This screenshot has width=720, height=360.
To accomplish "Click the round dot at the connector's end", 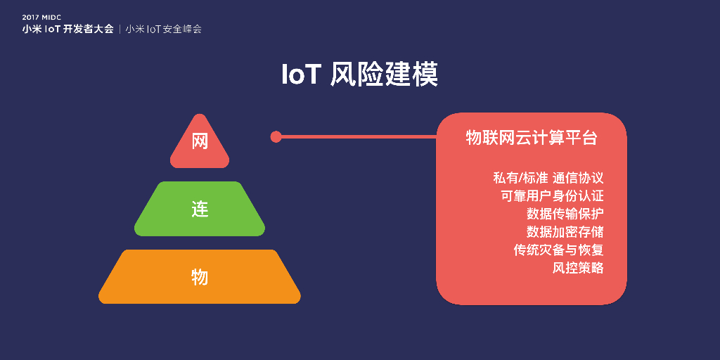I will [x=276, y=136].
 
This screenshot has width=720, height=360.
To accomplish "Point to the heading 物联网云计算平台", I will [x=532, y=138].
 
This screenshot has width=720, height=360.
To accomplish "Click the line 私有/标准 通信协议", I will [x=548, y=178].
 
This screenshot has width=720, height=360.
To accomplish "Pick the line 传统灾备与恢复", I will [x=558, y=250].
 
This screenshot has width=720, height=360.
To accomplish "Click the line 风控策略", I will [x=578, y=268].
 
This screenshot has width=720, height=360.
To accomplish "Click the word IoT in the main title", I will [x=302, y=75].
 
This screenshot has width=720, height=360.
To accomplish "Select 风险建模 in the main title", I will [x=384, y=75].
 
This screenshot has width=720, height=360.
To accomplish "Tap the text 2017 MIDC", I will [x=41, y=17].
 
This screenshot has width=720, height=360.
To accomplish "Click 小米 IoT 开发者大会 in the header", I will [x=67, y=30].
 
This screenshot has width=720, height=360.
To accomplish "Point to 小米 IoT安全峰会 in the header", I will [x=164, y=30].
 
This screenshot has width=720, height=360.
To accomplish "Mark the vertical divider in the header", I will [x=120, y=30].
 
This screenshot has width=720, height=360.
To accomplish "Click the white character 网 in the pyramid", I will [x=200, y=141].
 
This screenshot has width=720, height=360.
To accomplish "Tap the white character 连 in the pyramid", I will [x=200, y=209].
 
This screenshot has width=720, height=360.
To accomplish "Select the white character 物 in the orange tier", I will [x=200, y=276].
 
